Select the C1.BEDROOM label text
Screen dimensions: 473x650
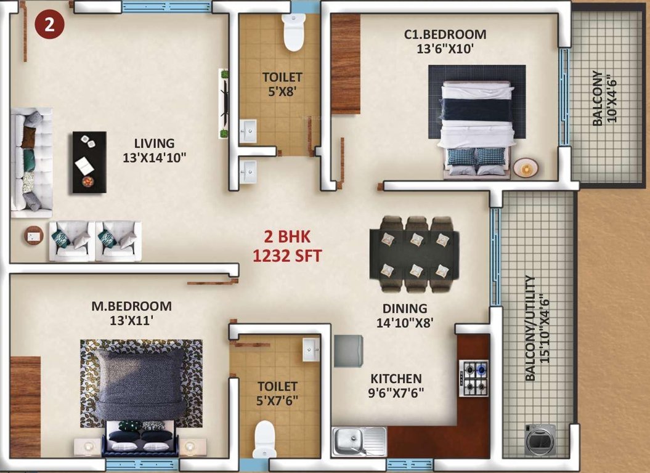pyautogui.click(x=445, y=34)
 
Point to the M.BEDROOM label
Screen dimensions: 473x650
pyautogui.click(x=131, y=306)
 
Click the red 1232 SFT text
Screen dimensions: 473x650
pyautogui.click(x=287, y=256)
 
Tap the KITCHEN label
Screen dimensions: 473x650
pyautogui.click(x=396, y=379)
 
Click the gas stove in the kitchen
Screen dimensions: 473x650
pyautogui.click(x=474, y=378)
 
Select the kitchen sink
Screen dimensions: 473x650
pyautogui.click(x=359, y=441)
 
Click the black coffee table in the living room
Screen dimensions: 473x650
pyautogui.click(x=89, y=162)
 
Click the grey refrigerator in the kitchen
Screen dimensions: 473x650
pyautogui.click(x=349, y=350)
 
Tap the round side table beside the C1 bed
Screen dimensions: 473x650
pyautogui.click(x=526, y=167)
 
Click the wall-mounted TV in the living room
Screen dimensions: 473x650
pyautogui.click(x=225, y=103)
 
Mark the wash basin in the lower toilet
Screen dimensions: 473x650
pyautogui.click(x=310, y=349)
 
